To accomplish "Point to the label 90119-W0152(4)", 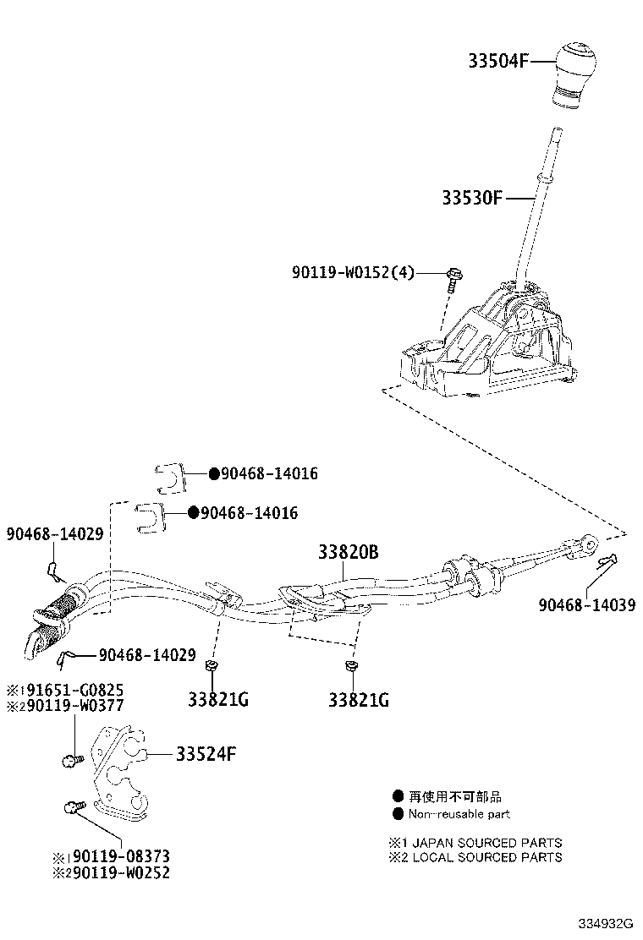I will pyautogui.click(x=353, y=272).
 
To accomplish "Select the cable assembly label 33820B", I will pyautogui.click(x=348, y=553).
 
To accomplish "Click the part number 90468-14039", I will pyautogui.click(x=586, y=606).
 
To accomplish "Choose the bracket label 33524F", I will pyautogui.click(x=206, y=753).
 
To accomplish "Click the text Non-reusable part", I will pyautogui.click(x=459, y=815).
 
